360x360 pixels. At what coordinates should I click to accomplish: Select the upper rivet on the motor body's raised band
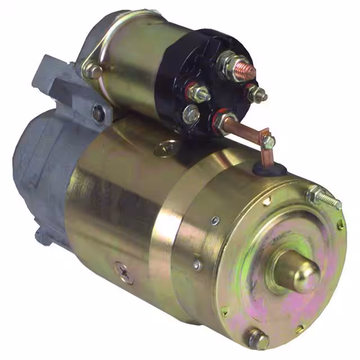click(214, 222)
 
